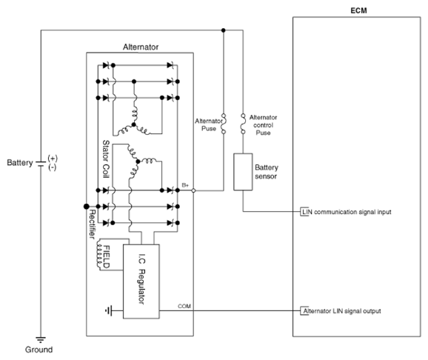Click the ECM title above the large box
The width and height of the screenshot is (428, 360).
tap(358, 10)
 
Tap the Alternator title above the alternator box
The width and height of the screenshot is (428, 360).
tap(141, 47)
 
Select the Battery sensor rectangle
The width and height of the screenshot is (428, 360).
tap(243, 172)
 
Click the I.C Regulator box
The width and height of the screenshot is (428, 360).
tap(141, 281)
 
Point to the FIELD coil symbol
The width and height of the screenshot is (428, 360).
tap(98, 255)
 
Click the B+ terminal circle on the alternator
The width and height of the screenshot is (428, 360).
tap(193, 190)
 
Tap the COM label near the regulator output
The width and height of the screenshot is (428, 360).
tap(184, 306)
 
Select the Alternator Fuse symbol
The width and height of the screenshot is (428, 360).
tap(224, 124)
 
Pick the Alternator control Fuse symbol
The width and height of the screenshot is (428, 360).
tap(243, 124)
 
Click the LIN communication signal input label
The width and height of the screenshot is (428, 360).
tap(347, 212)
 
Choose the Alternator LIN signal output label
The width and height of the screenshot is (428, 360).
tap(342, 311)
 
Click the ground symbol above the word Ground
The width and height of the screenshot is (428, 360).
tap(41, 340)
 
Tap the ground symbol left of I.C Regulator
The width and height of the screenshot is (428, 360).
tap(109, 310)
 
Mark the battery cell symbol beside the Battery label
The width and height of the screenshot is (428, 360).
tap(41, 164)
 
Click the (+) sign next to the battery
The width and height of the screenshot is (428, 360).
tap(53, 159)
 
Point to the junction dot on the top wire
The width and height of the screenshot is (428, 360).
tap(224, 30)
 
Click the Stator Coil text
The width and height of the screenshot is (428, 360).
tap(106, 159)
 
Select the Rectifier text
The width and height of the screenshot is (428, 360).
tap(93, 224)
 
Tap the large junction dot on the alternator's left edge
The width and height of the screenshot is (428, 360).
tap(86, 206)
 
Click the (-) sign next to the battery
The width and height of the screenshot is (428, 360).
tap(53, 167)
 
